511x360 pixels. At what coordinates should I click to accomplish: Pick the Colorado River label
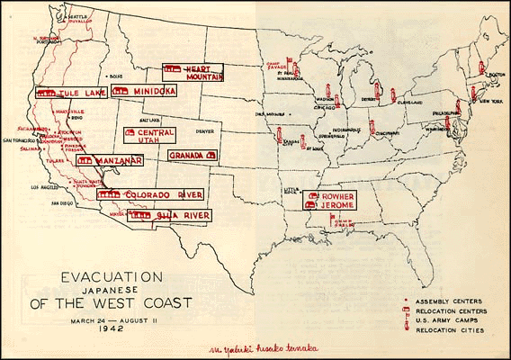click(x=150, y=194)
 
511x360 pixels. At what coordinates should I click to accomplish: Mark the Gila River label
click(x=171, y=215)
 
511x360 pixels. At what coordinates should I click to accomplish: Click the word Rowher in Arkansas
click(x=336, y=194)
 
